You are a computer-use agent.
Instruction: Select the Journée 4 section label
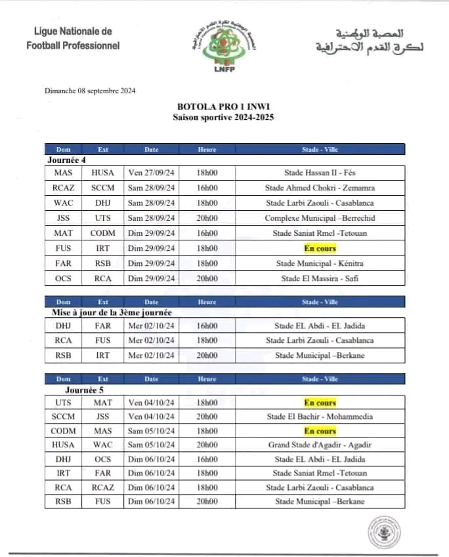(67, 160)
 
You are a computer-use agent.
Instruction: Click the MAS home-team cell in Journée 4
(64, 173)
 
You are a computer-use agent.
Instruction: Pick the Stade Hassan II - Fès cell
(319, 173)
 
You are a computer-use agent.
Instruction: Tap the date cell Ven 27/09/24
(152, 173)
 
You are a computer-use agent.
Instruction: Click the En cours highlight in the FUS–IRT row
(320, 248)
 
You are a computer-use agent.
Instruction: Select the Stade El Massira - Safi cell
(320, 278)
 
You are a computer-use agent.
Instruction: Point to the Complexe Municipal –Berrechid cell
(320, 218)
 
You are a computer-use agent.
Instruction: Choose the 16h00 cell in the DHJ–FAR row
(207, 326)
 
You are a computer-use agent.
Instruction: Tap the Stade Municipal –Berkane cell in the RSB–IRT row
(320, 356)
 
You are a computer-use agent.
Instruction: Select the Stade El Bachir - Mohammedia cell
(320, 416)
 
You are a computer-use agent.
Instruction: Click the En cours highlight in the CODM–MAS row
(320, 432)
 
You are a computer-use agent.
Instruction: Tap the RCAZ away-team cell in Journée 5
(103, 488)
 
